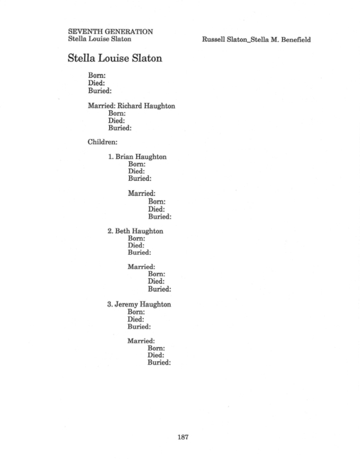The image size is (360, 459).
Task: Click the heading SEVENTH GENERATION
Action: (x=111, y=32)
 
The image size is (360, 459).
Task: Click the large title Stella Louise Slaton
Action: (x=115, y=58)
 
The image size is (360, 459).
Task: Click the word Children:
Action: (x=102, y=142)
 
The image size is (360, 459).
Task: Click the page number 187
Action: (x=183, y=437)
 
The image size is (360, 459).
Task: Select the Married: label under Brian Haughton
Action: (x=142, y=194)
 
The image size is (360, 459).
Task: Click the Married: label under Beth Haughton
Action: (x=141, y=267)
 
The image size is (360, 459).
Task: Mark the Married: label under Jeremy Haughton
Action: (x=141, y=341)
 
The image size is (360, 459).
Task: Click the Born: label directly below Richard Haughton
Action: (x=117, y=114)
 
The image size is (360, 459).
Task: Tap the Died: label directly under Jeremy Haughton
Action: (x=135, y=319)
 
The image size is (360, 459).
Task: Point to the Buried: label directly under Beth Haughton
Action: (x=140, y=253)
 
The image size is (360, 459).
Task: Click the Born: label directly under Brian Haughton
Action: (x=137, y=164)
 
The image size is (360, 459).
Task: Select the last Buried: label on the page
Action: (x=159, y=363)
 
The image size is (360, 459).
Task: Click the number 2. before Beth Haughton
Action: (x=111, y=231)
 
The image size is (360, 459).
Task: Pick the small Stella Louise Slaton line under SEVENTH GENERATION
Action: (x=99, y=39)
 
